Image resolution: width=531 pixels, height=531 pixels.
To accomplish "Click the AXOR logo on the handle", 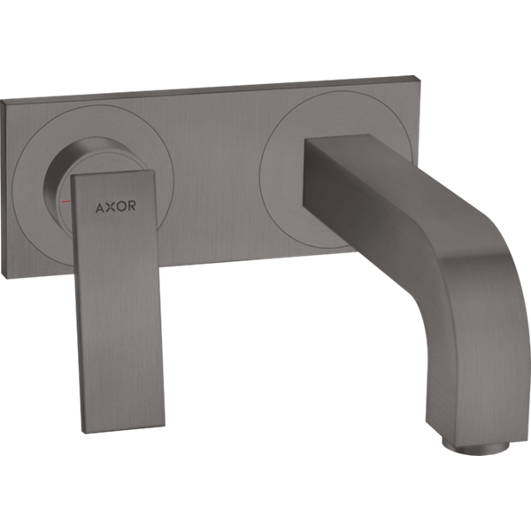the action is click(115, 206).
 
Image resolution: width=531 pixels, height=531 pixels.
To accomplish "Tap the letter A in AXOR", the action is click(100, 208).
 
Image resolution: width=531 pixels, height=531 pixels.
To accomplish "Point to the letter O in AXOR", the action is click(120, 206).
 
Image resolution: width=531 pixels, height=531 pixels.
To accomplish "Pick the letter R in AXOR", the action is click(131, 205).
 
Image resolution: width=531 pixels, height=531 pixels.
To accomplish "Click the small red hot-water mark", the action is click(65, 202).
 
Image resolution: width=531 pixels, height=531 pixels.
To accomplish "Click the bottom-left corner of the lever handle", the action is click(83, 433).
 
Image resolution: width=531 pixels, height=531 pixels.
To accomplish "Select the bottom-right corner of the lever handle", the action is click(165, 424).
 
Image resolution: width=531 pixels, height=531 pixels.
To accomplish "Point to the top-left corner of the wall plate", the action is click(2, 101).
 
